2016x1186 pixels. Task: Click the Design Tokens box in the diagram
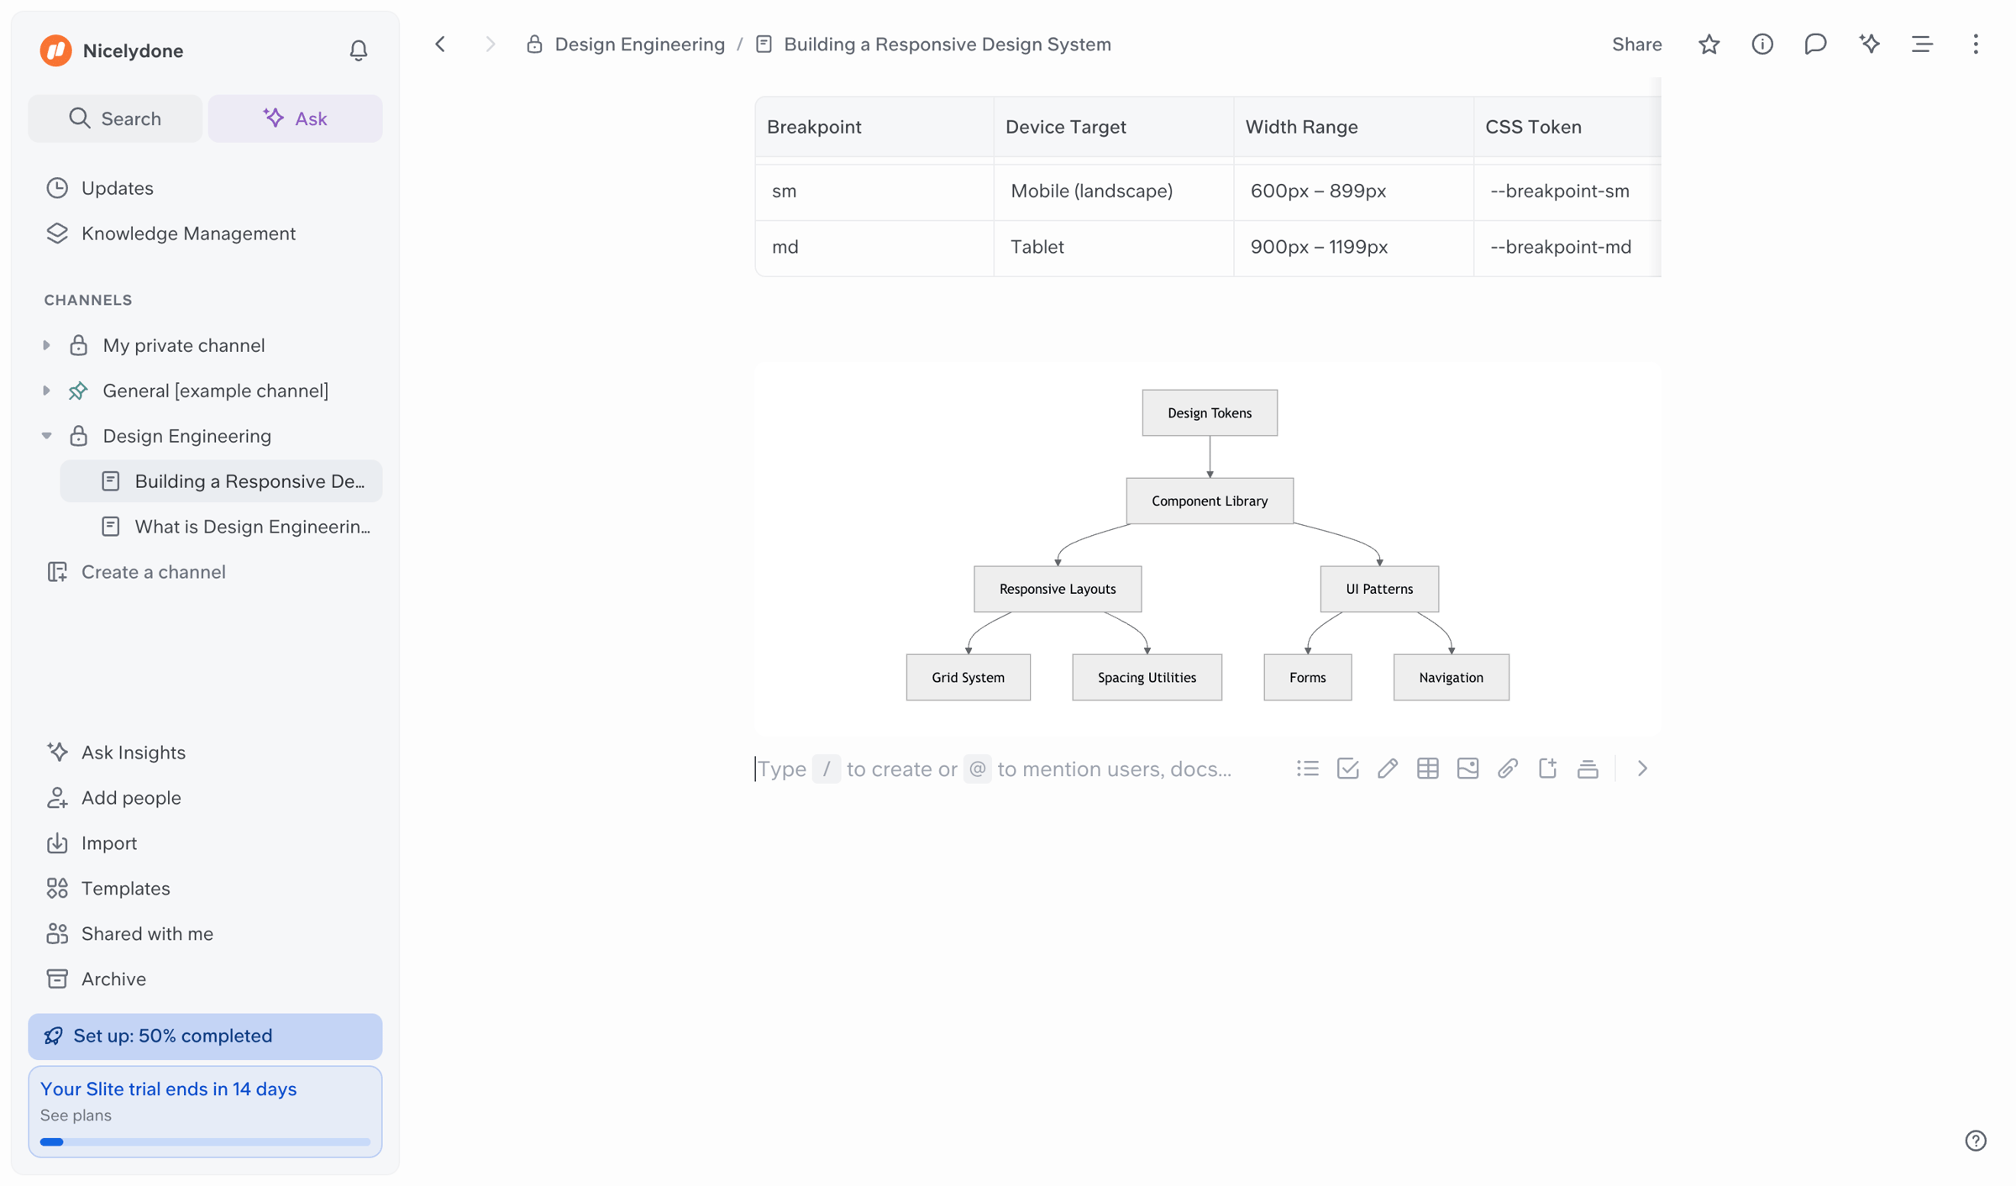(x=1210, y=412)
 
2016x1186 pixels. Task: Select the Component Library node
(x=1210, y=501)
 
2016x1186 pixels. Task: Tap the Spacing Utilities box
(x=1147, y=677)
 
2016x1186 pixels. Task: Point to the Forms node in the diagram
(x=1308, y=677)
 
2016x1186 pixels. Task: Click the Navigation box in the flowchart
(x=1452, y=677)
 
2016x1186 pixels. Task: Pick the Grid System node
(x=969, y=677)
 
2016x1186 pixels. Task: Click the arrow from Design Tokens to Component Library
(x=1210, y=457)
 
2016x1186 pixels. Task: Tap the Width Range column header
(x=1301, y=127)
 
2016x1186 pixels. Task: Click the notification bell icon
(x=359, y=50)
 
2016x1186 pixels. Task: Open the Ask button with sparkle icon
(x=295, y=118)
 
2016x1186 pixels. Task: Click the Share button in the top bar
(x=1636, y=45)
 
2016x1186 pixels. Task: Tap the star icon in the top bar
(x=1709, y=45)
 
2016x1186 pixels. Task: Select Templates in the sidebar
(x=125, y=888)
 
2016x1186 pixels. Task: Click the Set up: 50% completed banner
(x=205, y=1036)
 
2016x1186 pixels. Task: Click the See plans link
(x=76, y=1115)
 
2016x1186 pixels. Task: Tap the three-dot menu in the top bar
(x=1975, y=45)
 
